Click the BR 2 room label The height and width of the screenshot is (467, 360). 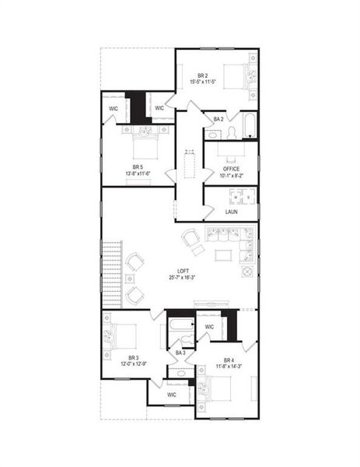click(201, 75)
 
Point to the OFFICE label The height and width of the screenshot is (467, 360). click(231, 168)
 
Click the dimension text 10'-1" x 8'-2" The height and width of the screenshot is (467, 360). click(231, 176)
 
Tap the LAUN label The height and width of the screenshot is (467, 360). click(231, 211)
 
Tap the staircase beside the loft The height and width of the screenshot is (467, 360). click(113, 265)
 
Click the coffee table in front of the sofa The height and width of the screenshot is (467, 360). click(222, 255)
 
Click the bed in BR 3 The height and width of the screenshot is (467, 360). click(123, 335)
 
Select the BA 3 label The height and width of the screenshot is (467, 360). click(180, 353)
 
